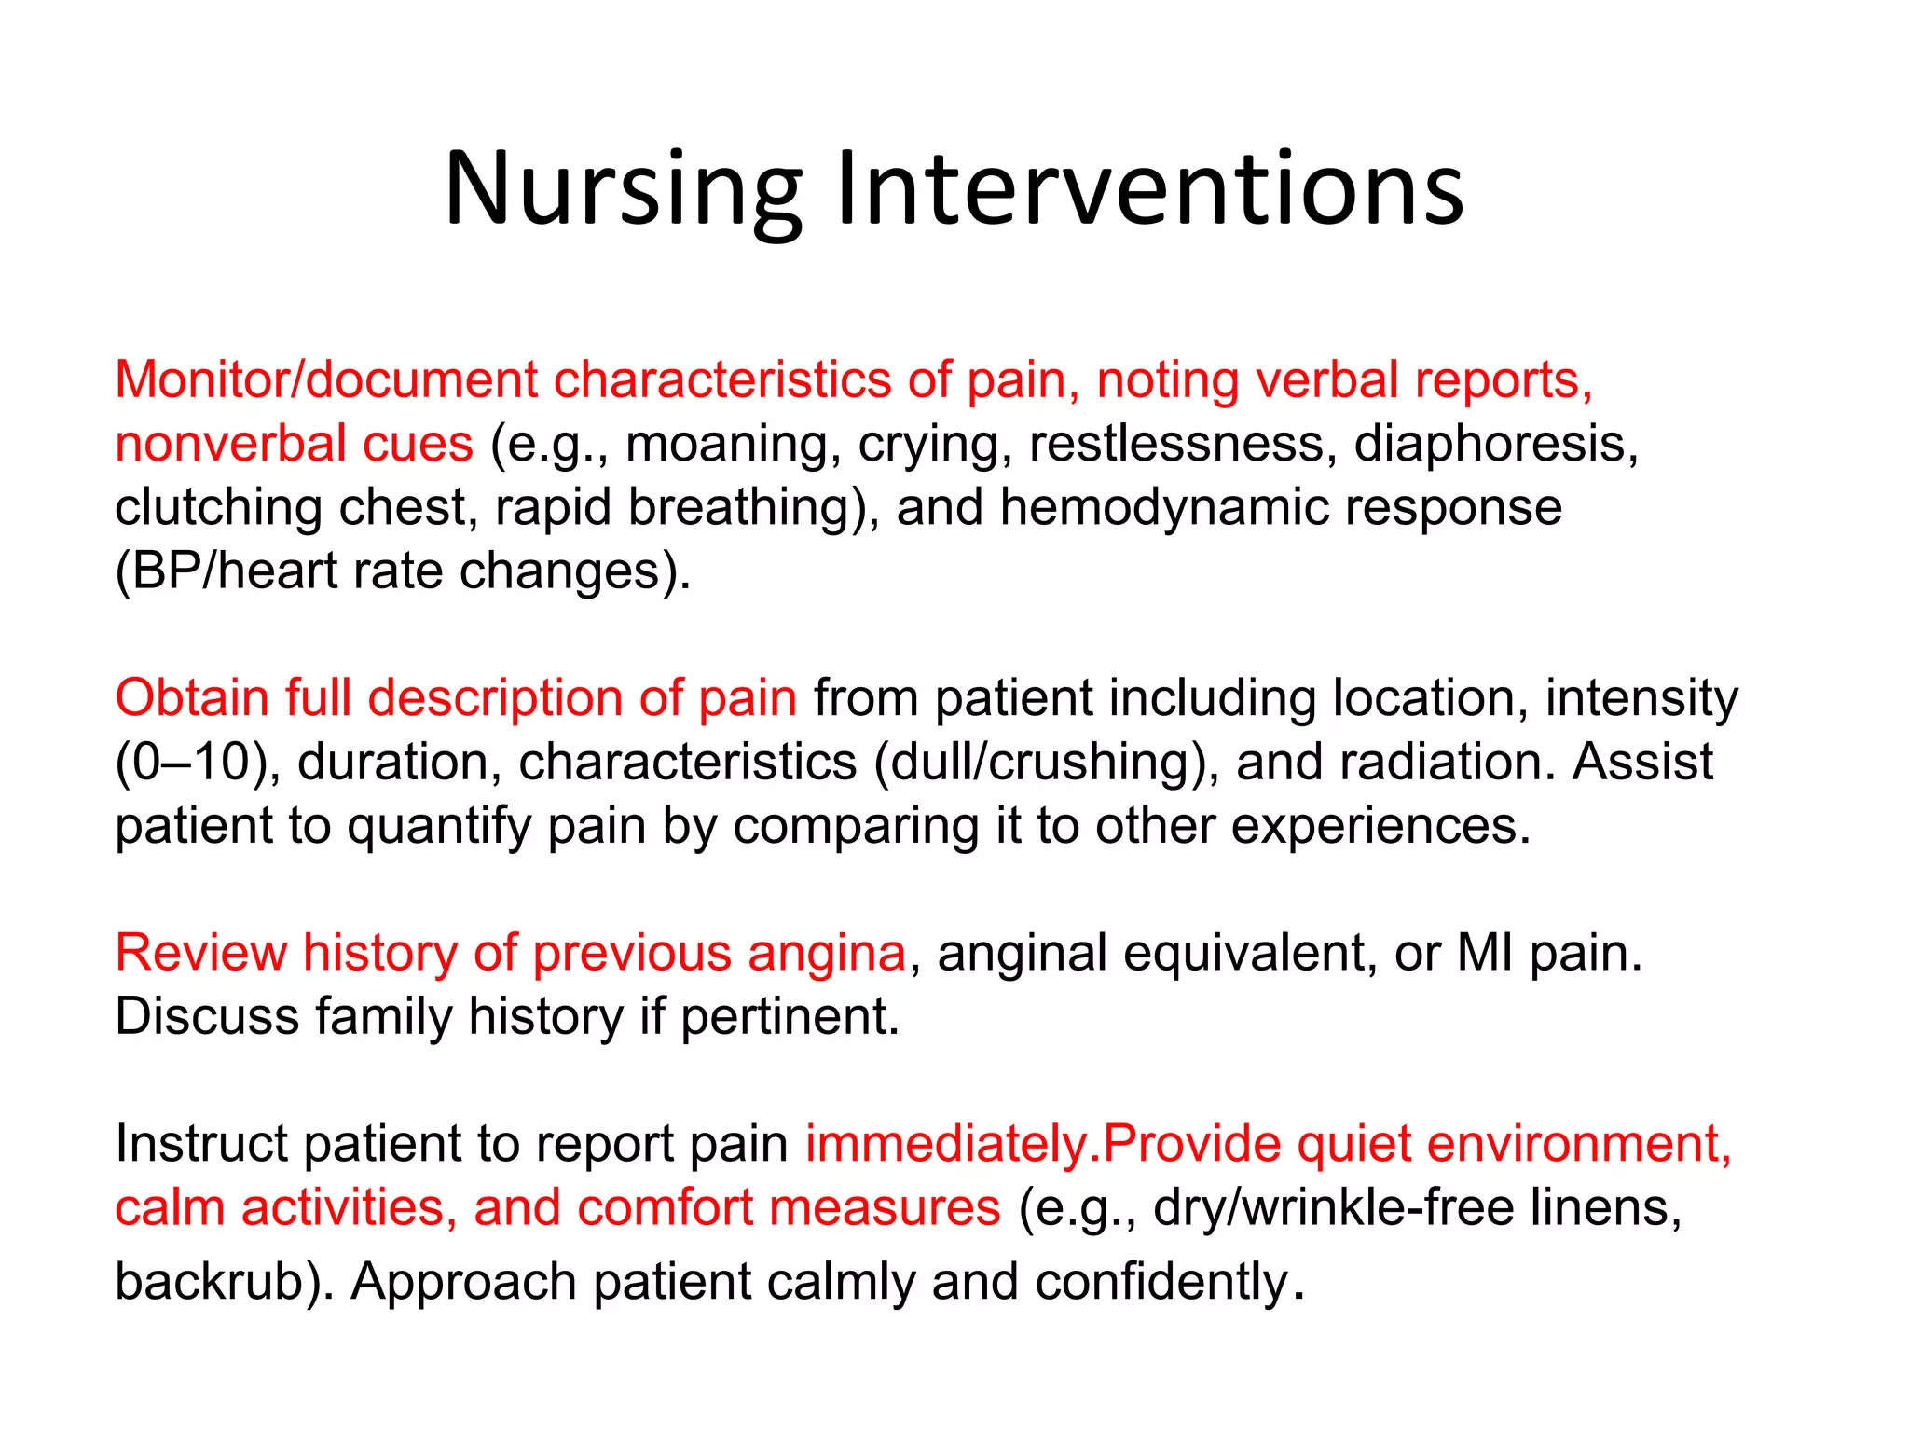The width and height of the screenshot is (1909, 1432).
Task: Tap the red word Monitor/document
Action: click(326, 380)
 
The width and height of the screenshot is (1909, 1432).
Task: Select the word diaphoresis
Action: click(1494, 444)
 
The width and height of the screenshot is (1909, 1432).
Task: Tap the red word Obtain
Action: click(191, 698)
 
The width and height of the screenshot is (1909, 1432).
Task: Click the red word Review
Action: click(200, 954)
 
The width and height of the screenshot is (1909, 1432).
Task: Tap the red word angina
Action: click(826, 954)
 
